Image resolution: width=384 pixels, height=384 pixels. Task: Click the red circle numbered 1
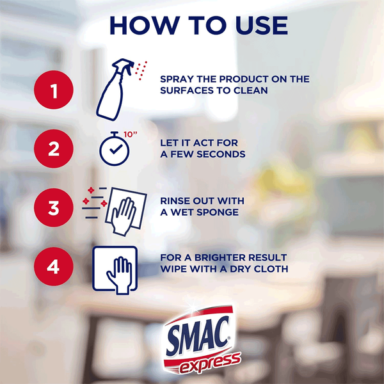click(x=54, y=90)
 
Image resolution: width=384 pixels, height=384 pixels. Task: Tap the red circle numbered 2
click(x=54, y=148)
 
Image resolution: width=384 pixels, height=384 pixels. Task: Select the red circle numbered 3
click(x=54, y=207)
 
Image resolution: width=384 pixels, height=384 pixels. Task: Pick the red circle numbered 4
click(x=54, y=266)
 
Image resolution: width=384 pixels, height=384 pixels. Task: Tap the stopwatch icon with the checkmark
click(x=115, y=149)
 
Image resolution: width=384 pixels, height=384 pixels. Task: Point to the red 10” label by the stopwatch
click(x=131, y=134)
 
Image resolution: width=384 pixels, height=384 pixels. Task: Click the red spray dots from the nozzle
click(x=141, y=70)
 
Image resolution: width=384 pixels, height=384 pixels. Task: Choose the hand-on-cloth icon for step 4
click(x=115, y=270)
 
